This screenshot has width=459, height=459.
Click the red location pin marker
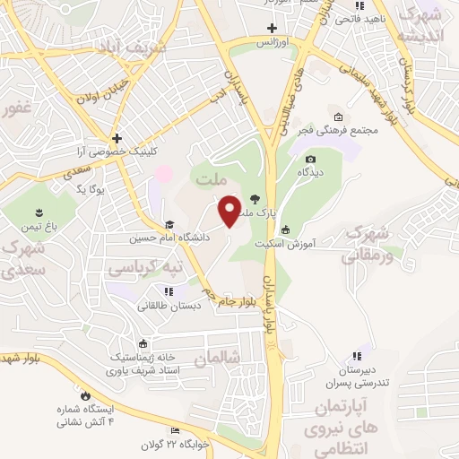(x=229, y=212)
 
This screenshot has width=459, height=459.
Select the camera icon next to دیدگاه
(x=311, y=159)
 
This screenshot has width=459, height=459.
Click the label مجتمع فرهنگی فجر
(x=368, y=130)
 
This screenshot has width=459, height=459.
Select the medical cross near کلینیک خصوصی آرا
(x=117, y=138)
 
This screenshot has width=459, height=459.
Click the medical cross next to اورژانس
(x=272, y=28)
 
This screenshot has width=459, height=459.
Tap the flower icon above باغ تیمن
(x=39, y=212)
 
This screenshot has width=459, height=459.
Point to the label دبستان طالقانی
(x=168, y=306)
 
